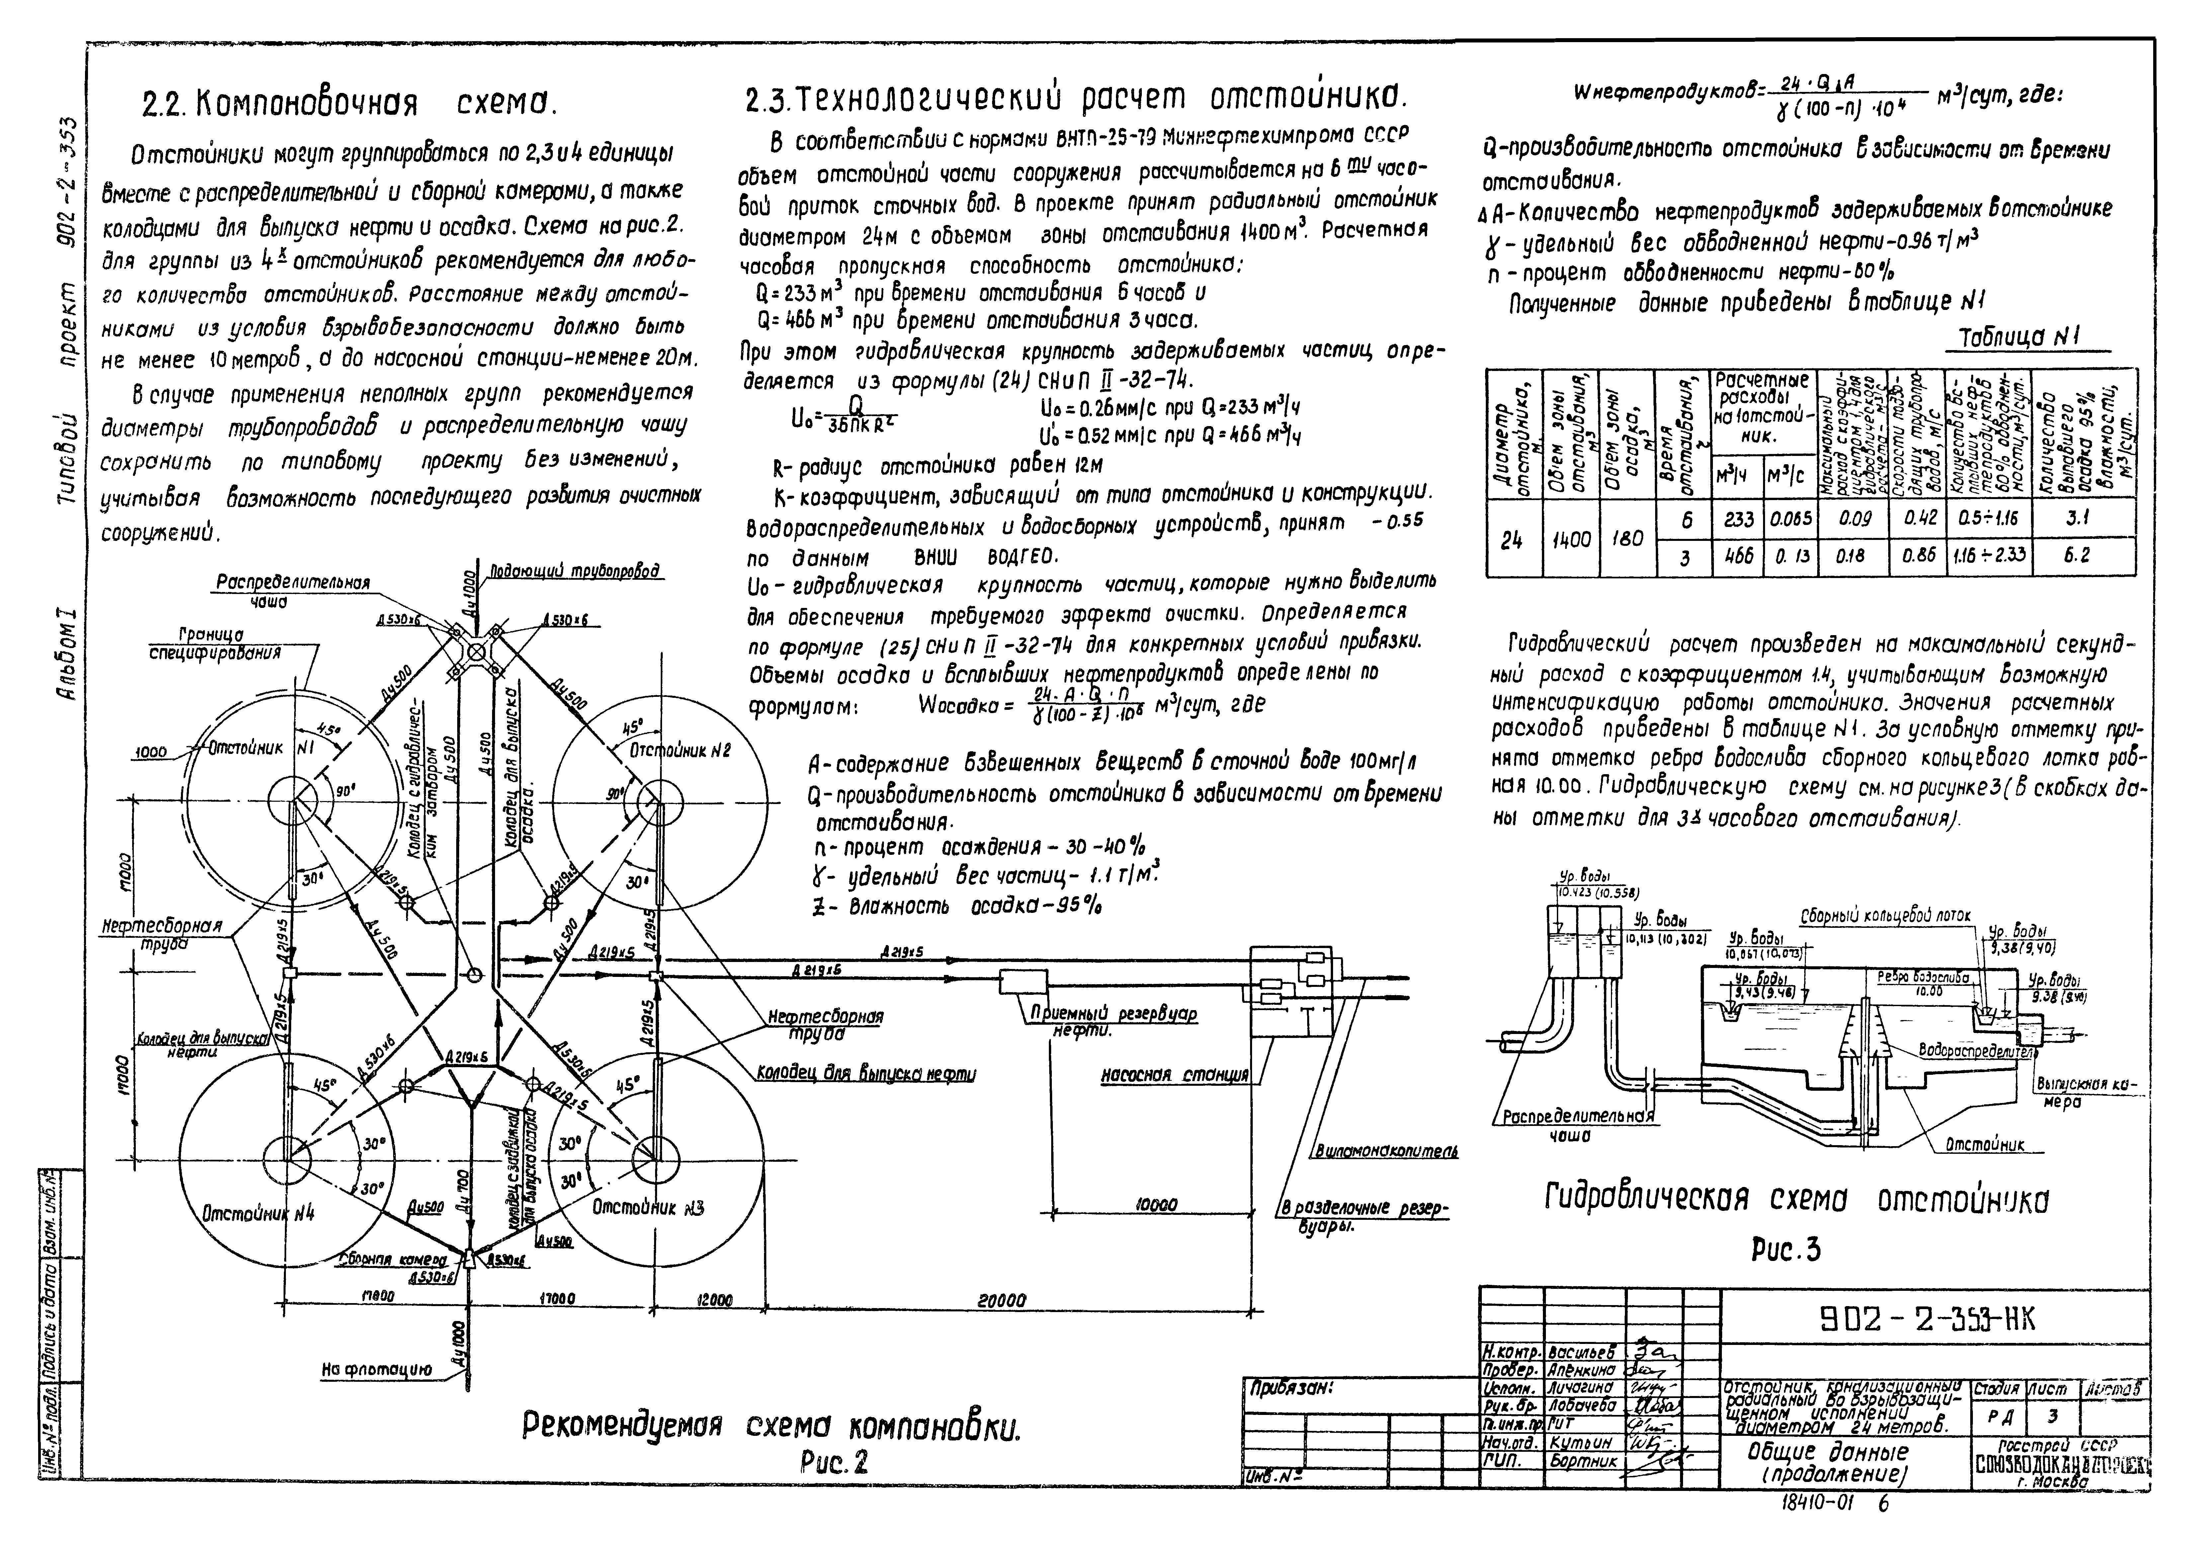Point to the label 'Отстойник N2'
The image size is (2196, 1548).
tap(679, 752)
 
